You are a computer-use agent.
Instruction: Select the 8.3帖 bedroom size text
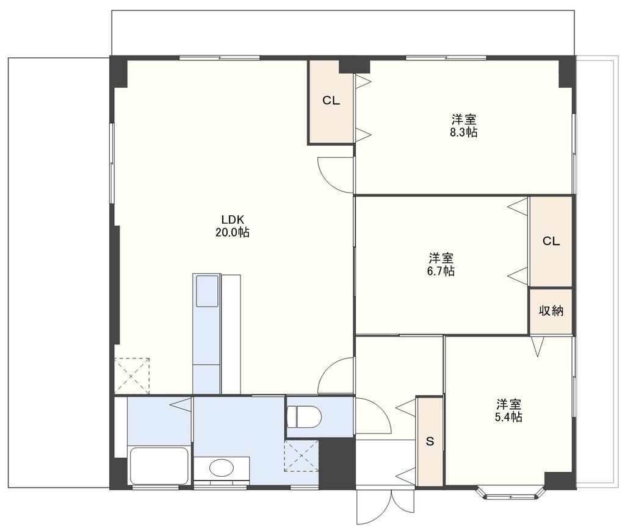tap(464, 132)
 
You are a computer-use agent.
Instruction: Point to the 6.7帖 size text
tap(441, 271)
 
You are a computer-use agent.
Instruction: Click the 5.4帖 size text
tap(508, 417)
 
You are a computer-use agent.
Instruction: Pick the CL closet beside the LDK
tap(331, 101)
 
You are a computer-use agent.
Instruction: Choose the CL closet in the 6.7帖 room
tap(551, 241)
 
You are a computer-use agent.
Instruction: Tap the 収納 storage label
tap(551, 311)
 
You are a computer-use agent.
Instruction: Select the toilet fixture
tap(305, 416)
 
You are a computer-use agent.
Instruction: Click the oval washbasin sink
tap(221, 468)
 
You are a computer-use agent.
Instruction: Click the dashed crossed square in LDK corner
tap(132, 376)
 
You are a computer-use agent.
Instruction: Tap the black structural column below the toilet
tap(337, 462)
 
